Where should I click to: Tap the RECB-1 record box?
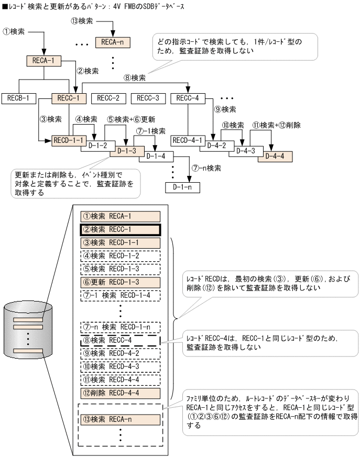[18, 98]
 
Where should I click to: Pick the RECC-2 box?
[108, 98]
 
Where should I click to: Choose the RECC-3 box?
[148, 98]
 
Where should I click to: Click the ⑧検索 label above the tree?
[135, 77]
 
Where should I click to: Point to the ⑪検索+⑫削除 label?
[276, 126]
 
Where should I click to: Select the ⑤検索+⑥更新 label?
[130, 119]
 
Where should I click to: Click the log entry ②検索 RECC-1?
[120, 229]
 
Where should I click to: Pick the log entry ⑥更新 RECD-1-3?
[120, 282]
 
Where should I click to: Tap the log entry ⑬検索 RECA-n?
[120, 419]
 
